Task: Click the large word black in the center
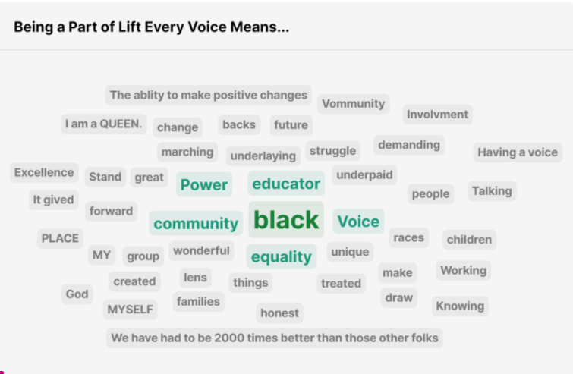click(286, 220)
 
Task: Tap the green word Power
click(204, 185)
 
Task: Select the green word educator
click(286, 184)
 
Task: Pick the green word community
click(196, 224)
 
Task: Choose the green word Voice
click(358, 222)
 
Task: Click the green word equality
click(282, 256)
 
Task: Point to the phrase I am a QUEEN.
click(103, 124)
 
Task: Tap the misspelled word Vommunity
click(354, 104)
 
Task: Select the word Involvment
click(437, 115)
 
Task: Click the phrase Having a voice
click(518, 152)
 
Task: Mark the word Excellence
click(44, 172)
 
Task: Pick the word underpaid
click(365, 175)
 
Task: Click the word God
click(77, 294)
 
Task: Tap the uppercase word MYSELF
click(130, 310)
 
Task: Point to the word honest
click(279, 313)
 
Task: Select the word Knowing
click(460, 306)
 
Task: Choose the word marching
click(187, 152)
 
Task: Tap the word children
click(469, 240)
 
